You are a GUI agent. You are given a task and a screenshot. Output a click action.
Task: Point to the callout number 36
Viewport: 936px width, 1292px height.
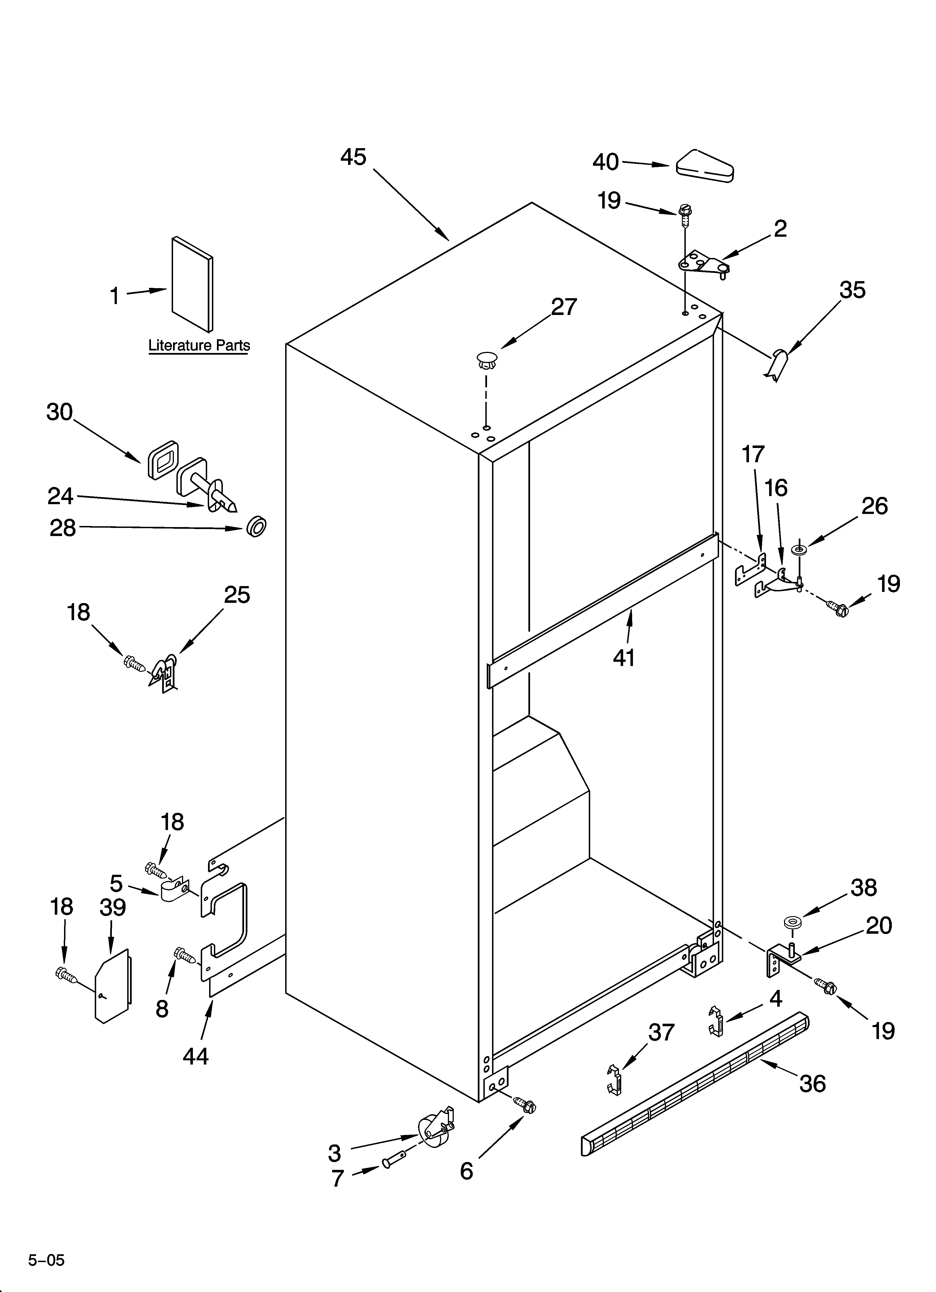pyautogui.click(x=812, y=1084)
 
